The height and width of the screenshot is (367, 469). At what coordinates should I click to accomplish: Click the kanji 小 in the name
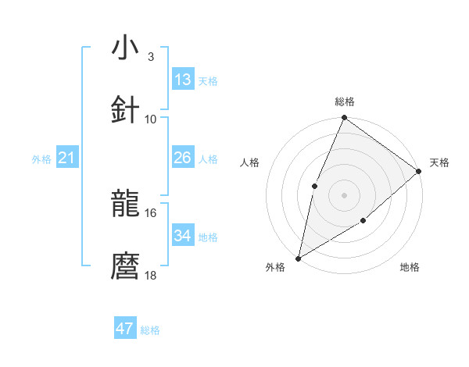click(x=126, y=48)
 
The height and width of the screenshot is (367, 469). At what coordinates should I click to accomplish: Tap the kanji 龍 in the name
click(x=126, y=204)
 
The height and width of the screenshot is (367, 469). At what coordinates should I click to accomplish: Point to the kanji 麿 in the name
click(x=126, y=266)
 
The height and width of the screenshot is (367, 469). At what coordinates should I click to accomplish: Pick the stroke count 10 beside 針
click(x=151, y=119)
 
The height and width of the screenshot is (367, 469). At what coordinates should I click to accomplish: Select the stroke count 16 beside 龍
click(x=151, y=212)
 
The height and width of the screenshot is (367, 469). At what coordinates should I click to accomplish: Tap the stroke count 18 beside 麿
click(x=151, y=275)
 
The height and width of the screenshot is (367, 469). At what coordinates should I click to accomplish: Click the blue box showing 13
click(x=183, y=80)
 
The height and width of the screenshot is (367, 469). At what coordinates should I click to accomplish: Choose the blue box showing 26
click(x=183, y=158)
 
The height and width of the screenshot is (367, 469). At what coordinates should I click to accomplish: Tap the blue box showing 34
click(x=183, y=236)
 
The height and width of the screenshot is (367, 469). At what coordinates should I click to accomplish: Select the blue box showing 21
click(x=67, y=158)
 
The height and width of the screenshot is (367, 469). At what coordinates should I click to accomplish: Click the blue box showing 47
click(x=125, y=329)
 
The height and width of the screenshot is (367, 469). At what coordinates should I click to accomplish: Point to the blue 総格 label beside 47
click(x=151, y=330)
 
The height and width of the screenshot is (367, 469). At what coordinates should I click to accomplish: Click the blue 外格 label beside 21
click(x=41, y=159)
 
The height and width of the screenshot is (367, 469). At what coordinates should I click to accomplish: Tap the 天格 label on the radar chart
click(x=440, y=162)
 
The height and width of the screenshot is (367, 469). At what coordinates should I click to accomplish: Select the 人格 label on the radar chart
click(x=250, y=162)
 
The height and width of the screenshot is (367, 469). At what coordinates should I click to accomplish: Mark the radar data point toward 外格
click(x=298, y=258)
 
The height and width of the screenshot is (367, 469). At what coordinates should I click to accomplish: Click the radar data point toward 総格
click(x=344, y=118)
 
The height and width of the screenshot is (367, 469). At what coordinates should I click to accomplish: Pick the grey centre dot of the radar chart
click(x=344, y=194)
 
